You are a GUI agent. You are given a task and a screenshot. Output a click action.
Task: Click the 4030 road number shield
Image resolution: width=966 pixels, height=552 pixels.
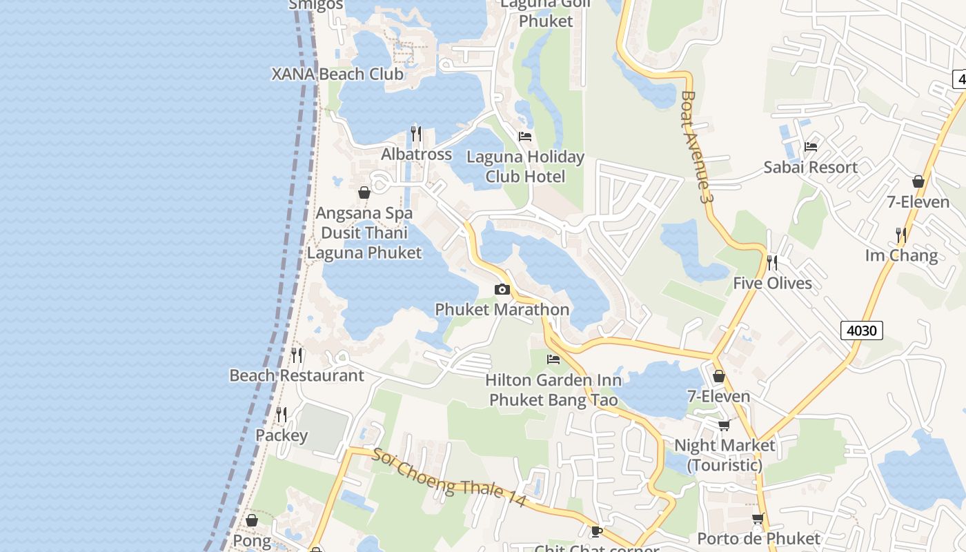point(862,331)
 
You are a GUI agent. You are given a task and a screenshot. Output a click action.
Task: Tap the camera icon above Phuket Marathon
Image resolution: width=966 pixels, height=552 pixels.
point(502,290)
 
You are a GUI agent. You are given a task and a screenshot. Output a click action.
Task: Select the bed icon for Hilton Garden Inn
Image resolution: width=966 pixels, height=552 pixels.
point(553,359)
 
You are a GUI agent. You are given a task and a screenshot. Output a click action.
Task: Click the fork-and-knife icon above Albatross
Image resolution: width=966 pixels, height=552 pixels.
point(416,132)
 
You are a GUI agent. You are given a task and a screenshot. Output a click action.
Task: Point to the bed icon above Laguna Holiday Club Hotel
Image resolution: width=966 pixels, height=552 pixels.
point(525,136)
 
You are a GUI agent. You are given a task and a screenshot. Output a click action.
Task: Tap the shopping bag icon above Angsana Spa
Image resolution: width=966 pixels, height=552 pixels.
point(364,193)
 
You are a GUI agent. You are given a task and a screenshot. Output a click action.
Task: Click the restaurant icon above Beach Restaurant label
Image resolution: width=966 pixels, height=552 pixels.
point(297,355)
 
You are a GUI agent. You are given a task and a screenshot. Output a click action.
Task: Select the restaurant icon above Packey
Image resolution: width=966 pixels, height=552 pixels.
point(282,415)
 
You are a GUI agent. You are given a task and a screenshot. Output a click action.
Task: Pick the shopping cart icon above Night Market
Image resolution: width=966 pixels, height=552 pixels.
point(724,425)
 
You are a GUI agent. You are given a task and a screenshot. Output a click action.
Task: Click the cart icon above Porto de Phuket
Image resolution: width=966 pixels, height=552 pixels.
point(758,518)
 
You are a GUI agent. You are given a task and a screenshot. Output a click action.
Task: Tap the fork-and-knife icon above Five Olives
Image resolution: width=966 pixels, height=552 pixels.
point(772,263)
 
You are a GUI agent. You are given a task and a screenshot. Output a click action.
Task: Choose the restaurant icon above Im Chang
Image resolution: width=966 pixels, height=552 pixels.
point(900,235)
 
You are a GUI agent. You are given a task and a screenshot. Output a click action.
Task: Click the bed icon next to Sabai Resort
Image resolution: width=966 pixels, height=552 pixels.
point(811,147)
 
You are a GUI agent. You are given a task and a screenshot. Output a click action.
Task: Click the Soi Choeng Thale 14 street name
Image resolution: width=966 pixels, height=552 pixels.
point(449,479)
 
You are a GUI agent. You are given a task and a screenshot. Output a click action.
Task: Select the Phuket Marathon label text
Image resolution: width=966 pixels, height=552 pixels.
point(502,310)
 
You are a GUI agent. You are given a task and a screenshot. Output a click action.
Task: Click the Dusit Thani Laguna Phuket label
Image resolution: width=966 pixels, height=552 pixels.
point(364,243)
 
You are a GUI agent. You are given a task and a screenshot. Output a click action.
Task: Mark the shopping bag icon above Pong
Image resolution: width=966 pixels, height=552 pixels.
point(252,520)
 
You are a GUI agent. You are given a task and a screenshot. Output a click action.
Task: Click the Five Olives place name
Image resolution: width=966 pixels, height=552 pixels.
point(772,283)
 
